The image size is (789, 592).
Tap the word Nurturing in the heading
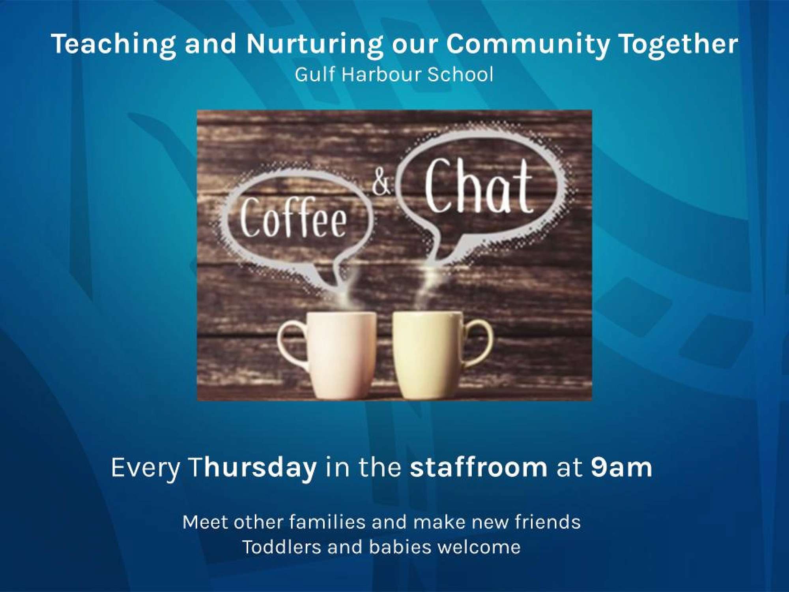[314, 44]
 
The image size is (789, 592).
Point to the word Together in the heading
[679, 44]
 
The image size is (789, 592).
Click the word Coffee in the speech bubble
[294, 218]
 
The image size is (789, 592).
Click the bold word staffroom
[479, 467]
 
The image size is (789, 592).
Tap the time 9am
[621, 468]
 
